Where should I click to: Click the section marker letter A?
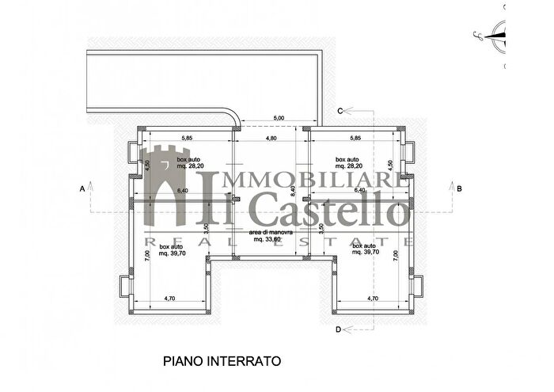(x=82, y=188)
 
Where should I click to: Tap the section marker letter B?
(x=458, y=188)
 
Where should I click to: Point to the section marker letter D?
(x=338, y=329)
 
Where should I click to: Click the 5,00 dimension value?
(x=279, y=119)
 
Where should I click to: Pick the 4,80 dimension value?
(x=270, y=139)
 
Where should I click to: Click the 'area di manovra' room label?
(x=271, y=233)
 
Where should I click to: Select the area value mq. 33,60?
(x=271, y=239)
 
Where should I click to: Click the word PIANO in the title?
(x=183, y=361)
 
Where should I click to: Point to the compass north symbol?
(x=496, y=32)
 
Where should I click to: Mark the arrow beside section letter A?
(x=92, y=188)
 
